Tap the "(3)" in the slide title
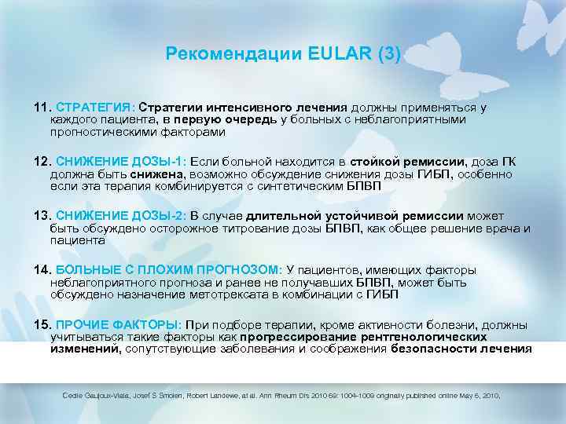point(388,54)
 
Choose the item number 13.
point(41,216)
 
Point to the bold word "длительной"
point(282,216)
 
